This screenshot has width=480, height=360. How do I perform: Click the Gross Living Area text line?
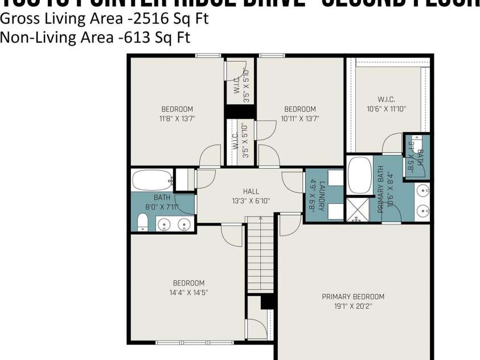(104, 19)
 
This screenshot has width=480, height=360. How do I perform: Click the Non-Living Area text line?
(95, 38)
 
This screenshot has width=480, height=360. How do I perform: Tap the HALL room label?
(251, 191)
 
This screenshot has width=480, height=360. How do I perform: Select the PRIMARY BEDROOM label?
(353, 296)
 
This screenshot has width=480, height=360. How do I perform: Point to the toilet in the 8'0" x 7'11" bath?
(143, 222)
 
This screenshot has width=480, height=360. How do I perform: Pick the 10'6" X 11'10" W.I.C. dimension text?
(385, 109)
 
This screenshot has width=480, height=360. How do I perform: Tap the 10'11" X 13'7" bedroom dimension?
(300, 119)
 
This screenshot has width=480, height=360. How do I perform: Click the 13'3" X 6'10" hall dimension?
(251, 201)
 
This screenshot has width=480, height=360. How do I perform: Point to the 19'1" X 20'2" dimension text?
(353, 306)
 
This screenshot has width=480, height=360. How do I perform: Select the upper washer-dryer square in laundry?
(335, 178)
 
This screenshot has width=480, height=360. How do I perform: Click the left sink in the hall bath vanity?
(165, 224)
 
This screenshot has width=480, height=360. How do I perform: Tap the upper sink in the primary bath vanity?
(422, 190)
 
